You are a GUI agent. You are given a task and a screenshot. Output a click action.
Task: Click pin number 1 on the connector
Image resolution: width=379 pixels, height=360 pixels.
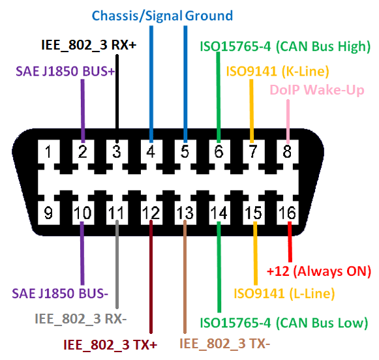48,152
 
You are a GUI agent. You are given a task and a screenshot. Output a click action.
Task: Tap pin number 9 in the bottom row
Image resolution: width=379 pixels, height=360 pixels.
48,213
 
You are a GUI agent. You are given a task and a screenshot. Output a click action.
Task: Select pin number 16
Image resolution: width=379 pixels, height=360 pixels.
287,213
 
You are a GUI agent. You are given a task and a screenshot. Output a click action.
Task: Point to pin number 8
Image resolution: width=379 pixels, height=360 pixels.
287,152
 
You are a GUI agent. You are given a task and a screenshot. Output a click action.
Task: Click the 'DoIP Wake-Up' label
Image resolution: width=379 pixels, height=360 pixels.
317,90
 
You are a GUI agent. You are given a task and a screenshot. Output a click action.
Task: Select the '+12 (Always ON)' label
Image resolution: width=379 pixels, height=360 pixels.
319,271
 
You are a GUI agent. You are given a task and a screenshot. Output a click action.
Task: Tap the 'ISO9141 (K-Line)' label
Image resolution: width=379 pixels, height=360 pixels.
277,71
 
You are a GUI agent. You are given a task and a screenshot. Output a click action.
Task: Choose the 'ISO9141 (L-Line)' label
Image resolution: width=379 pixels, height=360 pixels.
284,293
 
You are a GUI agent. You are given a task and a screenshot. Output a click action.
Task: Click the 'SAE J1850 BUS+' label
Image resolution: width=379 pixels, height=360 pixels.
65,71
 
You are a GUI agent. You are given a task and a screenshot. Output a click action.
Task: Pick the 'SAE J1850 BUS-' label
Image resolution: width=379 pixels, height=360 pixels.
60,293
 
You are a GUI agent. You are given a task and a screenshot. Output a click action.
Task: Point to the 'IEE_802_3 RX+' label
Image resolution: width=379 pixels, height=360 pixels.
89,45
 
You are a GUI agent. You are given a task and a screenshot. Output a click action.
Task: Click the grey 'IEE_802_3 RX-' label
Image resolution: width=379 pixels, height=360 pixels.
81,319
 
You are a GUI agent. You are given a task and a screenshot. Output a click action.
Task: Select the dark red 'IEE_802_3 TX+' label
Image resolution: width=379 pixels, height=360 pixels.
110,345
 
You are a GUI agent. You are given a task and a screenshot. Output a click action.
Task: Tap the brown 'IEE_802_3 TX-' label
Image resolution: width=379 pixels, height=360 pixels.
224,343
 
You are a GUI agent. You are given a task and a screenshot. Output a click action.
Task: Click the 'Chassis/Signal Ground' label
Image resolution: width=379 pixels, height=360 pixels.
162,16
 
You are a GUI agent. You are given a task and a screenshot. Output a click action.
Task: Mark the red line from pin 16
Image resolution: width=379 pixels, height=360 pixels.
290,242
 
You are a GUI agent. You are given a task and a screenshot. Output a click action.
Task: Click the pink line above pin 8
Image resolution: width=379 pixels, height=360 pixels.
288,121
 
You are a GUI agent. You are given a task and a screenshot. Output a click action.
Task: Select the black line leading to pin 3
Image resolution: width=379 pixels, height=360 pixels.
117,98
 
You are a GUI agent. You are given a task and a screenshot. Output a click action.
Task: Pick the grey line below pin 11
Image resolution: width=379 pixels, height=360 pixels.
117,264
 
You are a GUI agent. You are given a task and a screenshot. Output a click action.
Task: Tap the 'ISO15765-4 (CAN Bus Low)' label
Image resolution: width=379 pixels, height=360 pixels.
284,323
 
